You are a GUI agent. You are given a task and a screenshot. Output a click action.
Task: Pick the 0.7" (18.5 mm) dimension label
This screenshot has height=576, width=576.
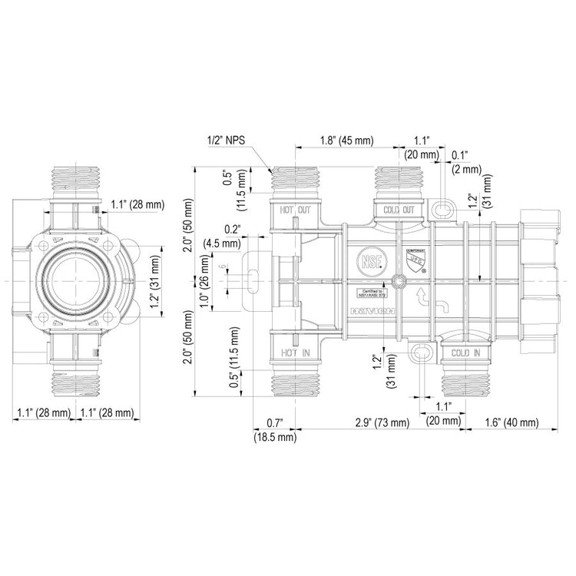click(x=274, y=430)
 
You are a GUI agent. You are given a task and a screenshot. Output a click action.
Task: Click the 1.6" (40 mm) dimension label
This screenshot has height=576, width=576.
click(x=511, y=422)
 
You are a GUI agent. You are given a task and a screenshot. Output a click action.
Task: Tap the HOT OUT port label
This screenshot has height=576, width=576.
click(x=295, y=210)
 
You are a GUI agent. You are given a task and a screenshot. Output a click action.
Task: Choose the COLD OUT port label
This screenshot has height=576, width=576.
click(x=399, y=210)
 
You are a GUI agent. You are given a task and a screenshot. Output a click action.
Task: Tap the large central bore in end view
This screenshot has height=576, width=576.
click(x=74, y=281)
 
